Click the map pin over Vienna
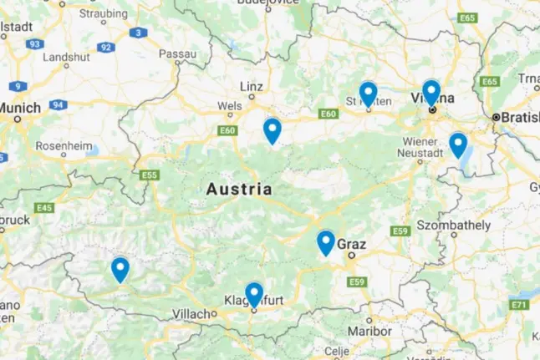coord(430,92)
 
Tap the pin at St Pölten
coord(368,94)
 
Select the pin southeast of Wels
coord(272,130)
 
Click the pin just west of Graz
coord(326,242)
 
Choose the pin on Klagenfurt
coord(254,294)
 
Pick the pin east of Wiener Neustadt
coord(457,145)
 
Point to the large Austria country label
coord(239,190)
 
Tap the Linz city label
coord(252,86)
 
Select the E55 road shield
coord(150,175)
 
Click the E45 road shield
coord(44,207)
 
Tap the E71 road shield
coord(518,305)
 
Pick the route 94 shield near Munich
coord(58,104)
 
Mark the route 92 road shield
coord(105,48)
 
